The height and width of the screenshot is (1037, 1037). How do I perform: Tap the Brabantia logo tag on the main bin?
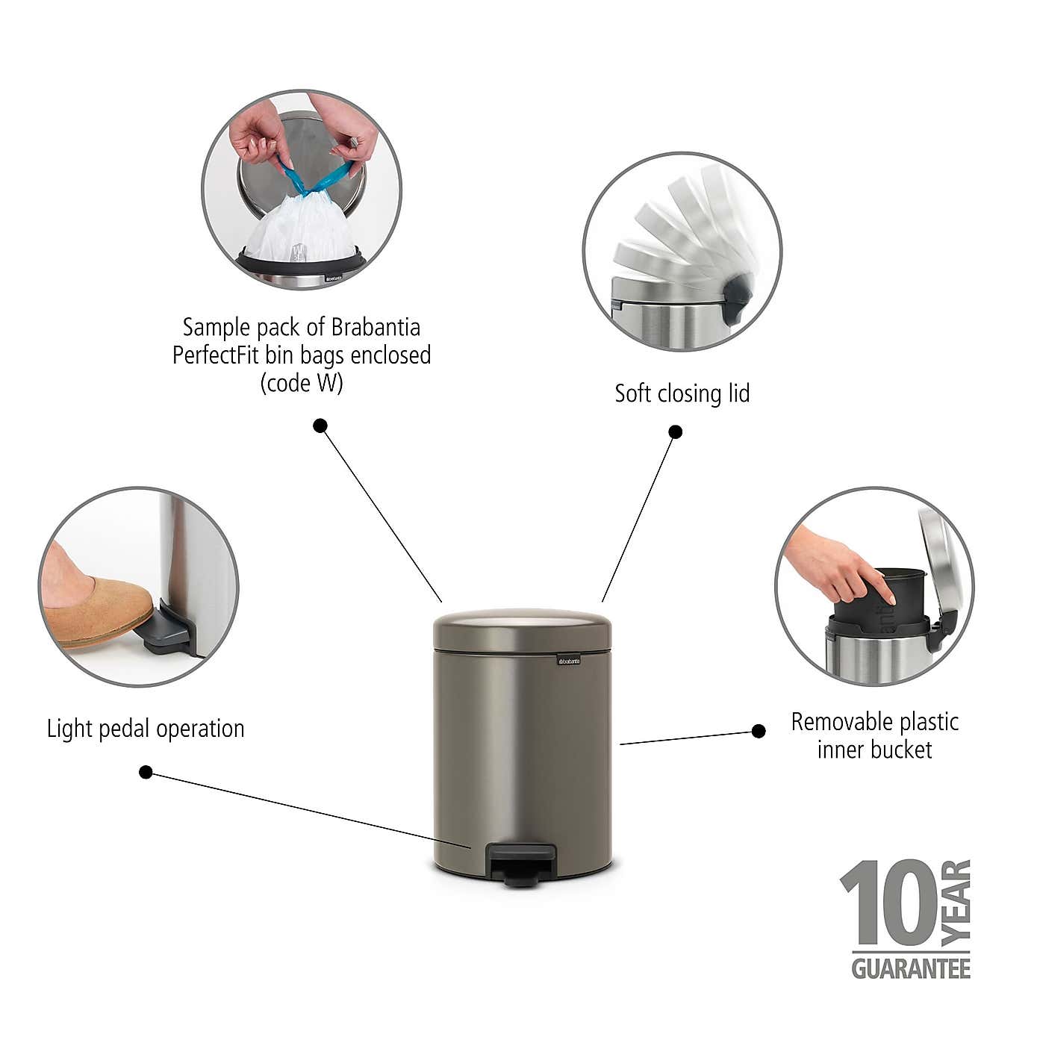[x=569, y=660]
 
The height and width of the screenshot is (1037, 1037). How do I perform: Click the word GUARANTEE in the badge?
[x=911, y=968]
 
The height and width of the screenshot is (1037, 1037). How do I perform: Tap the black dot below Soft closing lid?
[x=675, y=432]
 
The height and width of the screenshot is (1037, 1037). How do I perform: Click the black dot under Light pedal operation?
[x=146, y=772]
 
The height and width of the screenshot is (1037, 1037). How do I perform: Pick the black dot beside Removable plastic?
[x=759, y=731]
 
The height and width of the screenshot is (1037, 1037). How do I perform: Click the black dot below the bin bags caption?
[x=320, y=426]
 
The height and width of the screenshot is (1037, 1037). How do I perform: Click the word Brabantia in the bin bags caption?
[x=376, y=327]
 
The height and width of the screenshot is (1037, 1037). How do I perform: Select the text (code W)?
[x=302, y=383]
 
